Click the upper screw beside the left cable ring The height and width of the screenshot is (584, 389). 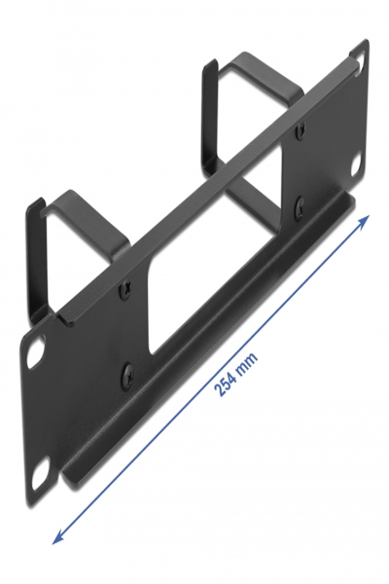coord(124,288)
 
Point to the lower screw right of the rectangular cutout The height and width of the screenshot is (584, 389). coord(299,205)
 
